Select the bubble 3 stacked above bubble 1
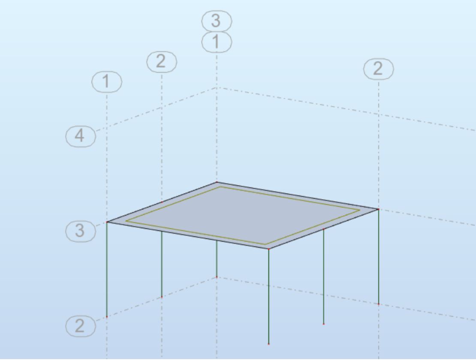217,21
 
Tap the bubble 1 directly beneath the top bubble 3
217,42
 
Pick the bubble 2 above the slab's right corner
378,69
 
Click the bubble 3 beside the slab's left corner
81,231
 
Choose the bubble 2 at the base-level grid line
81,326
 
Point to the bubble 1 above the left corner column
106,82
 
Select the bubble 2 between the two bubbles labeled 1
162,62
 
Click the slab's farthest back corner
217,182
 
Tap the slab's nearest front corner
268,249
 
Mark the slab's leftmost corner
107,222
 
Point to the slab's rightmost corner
378,209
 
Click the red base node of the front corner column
268,344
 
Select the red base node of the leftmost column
107,317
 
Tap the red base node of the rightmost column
379,304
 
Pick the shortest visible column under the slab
217,259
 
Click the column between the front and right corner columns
324,276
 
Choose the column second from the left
162,264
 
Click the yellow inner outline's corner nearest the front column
265,244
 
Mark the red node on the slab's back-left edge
162,202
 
